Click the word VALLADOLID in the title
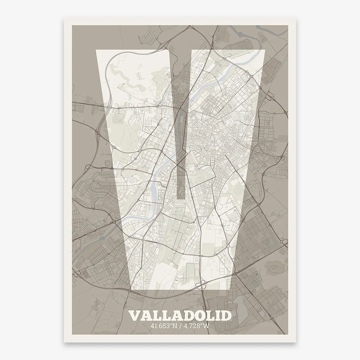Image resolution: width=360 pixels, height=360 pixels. (180, 315)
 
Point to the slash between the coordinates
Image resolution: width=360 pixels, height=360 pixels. (180, 326)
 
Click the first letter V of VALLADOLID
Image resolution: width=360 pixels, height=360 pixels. (135, 316)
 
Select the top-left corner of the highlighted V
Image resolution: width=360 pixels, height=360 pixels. (97, 51)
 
